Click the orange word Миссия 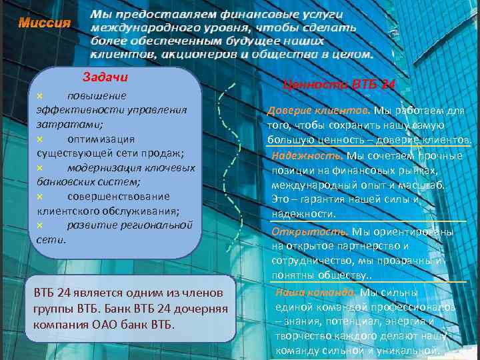44,23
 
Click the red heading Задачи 105,77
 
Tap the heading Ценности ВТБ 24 339,85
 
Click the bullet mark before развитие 39,225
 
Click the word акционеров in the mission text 199,54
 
